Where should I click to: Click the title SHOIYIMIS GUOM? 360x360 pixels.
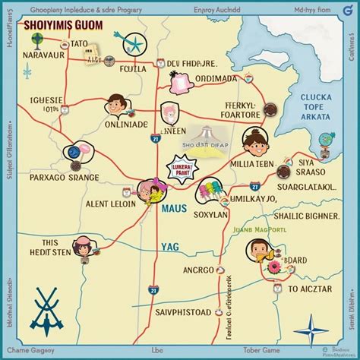click(x=65, y=25)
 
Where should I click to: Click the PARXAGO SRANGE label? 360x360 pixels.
click(x=65, y=177)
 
